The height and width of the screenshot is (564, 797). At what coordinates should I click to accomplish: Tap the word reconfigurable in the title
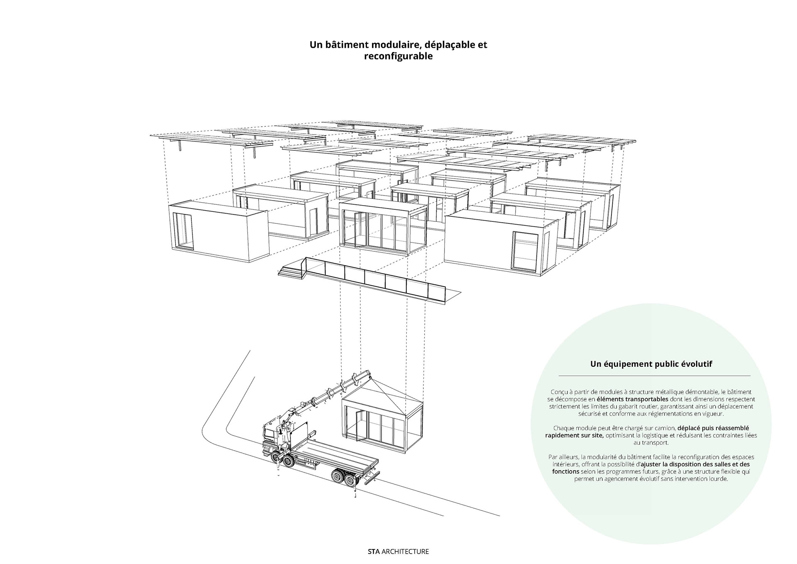pyautogui.click(x=398, y=56)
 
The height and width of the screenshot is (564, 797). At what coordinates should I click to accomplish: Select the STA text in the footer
pyautogui.click(x=374, y=552)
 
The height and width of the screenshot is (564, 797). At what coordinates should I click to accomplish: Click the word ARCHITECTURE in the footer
pyautogui.click(x=405, y=552)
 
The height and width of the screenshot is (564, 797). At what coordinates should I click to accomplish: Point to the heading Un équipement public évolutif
pyautogui.click(x=651, y=364)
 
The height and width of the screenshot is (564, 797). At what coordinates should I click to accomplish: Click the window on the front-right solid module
pyautogui.click(x=526, y=251)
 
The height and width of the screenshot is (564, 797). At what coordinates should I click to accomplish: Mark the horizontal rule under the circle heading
pyautogui.click(x=654, y=375)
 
